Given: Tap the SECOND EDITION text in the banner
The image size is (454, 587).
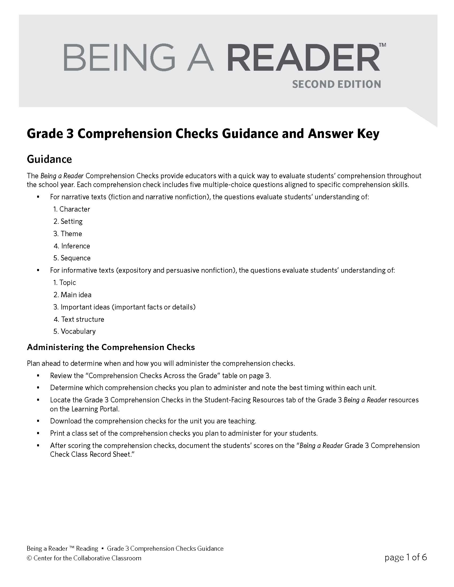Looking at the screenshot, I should (336, 84).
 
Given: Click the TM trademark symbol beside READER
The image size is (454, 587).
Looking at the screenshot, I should (382, 45).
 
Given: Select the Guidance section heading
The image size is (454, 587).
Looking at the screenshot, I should (49, 159).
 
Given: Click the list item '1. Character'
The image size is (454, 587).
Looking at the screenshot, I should (72, 209).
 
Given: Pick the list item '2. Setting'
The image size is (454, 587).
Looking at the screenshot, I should (68, 221).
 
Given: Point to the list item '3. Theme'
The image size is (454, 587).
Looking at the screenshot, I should (68, 233).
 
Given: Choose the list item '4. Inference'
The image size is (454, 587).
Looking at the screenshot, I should (72, 246).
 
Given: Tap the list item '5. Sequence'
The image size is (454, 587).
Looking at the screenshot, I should (72, 258).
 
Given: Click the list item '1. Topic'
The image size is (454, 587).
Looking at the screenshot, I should (65, 283).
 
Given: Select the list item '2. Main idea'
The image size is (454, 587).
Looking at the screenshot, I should (72, 295).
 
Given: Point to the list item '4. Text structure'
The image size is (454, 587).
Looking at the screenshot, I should (79, 319).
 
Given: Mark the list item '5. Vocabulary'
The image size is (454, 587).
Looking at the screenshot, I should (74, 331).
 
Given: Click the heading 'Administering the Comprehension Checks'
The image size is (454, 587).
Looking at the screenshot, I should (111, 347).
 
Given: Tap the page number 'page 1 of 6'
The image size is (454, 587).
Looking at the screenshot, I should (406, 557).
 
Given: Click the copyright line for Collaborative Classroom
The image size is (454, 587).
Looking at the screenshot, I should (84, 558).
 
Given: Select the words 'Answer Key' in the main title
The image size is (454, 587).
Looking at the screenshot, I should (344, 134).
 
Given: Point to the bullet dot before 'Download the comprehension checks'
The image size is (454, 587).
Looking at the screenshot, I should (38, 421).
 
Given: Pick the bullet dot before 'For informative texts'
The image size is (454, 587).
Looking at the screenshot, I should (38, 270).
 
